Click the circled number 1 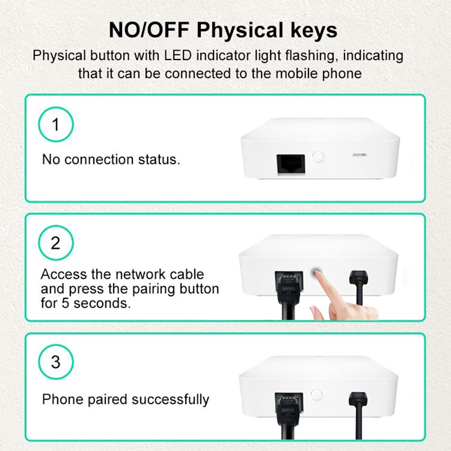(x=55, y=124)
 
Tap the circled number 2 (x=55, y=244)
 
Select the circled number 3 (x=55, y=362)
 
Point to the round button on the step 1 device (x=318, y=156)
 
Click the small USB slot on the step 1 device (x=359, y=155)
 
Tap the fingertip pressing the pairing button (x=318, y=277)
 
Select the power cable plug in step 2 (x=359, y=277)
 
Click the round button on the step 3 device (x=317, y=394)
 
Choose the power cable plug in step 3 (x=359, y=399)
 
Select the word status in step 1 (x=158, y=160)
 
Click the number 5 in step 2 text (x=66, y=303)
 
